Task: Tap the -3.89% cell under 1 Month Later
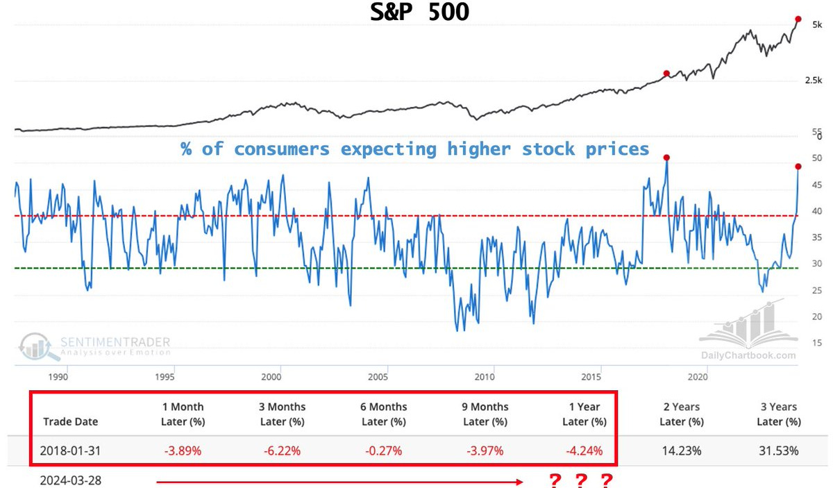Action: pyautogui.click(x=183, y=451)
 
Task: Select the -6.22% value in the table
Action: pyautogui.click(x=282, y=451)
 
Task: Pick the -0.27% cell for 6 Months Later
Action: pyautogui.click(x=383, y=451)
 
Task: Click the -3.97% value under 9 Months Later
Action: pyautogui.click(x=485, y=451)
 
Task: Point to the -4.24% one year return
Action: pyautogui.click(x=582, y=451)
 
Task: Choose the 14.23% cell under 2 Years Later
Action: pyautogui.click(x=681, y=451)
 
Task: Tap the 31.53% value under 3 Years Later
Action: pyautogui.click(x=778, y=451)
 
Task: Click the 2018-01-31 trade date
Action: pyautogui.click(x=71, y=451)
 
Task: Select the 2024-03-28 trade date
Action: pyautogui.click(x=71, y=480)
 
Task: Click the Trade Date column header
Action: pyautogui.click(x=71, y=421)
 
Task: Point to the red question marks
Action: pyautogui.click(x=580, y=480)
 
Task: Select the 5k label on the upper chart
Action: pyautogui.click(x=818, y=24)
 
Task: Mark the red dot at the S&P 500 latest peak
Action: pyautogui.click(x=798, y=19)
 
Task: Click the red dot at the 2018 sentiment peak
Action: pyautogui.click(x=666, y=158)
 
